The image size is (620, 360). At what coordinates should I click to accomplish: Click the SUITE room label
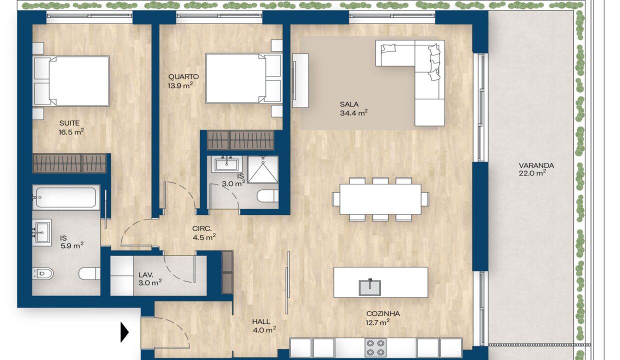coord(69,123)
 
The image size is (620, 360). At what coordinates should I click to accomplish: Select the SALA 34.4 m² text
coord(353,108)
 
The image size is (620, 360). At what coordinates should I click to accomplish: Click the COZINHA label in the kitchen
coord(383,313)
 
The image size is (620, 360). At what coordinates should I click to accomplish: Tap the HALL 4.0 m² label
coord(264,325)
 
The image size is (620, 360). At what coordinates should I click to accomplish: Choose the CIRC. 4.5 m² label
coord(204,233)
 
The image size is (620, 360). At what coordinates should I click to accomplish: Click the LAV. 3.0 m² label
coord(150,278)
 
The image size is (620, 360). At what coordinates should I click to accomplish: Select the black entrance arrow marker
coord(124,332)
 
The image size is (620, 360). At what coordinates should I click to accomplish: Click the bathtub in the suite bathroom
coord(66,197)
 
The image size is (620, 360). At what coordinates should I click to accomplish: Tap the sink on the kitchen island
coord(370,287)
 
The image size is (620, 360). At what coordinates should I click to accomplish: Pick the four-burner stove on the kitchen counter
coord(375,348)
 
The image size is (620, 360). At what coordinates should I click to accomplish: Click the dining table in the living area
coord(380,199)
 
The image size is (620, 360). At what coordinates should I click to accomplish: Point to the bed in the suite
coord(71,81)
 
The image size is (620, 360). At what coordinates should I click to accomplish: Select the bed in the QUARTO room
coord(243,78)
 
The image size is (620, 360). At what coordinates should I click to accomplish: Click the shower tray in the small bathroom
coord(262,169)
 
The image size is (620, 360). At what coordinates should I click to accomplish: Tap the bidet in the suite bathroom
coord(43,273)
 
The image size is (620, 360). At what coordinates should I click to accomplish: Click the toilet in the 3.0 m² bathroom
coord(267,196)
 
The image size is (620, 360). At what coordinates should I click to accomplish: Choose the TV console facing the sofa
coord(300,80)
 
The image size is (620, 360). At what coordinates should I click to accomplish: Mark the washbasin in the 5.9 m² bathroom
coord(42,232)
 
